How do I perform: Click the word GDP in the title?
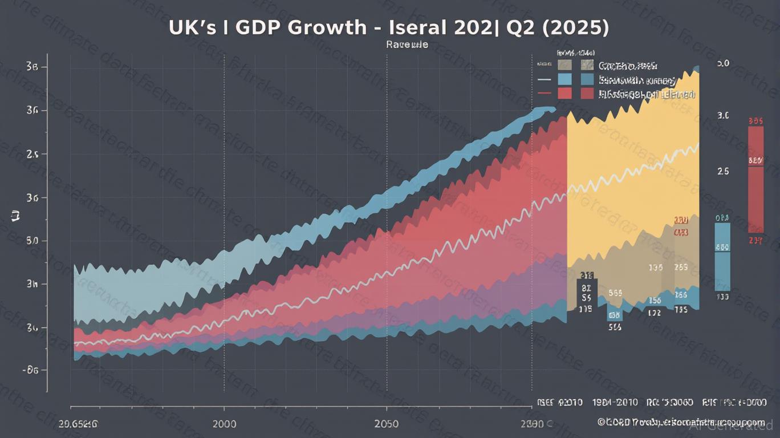pos(264,27)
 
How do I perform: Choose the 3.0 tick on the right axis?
pos(723,116)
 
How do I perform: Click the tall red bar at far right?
pos(755,179)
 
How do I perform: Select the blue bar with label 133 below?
pos(722,256)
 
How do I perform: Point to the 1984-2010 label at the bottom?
pos(616,403)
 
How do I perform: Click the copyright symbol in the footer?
pos(601,422)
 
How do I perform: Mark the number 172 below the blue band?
pos(655,313)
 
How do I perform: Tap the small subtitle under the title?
pos(407,44)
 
